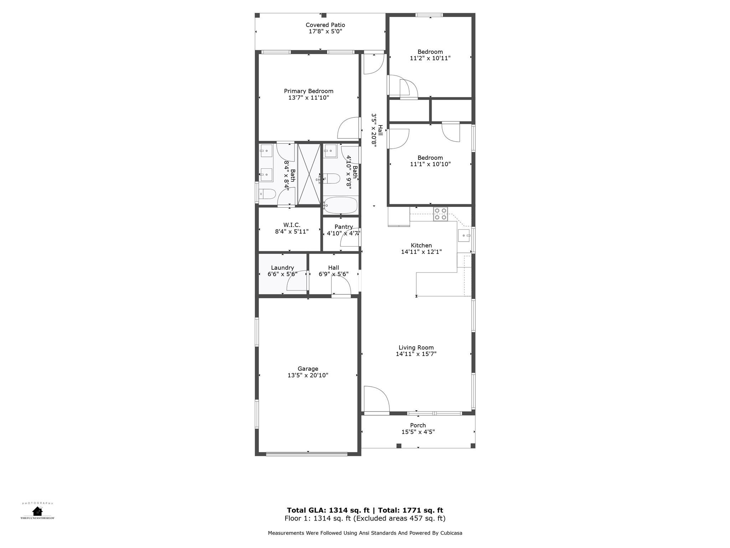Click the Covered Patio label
click(325, 25)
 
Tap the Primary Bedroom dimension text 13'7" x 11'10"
click(308, 98)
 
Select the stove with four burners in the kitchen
click(440, 214)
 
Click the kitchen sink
click(464, 235)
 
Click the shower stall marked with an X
click(309, 174)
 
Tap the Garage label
click(308, 369)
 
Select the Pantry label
click(344, 227)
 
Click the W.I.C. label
click(292, 225)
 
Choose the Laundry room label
click(282, 268)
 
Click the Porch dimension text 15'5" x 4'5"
click(418, 432)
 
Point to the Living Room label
click(416, 347)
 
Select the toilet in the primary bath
click(267, 194)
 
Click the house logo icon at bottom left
click(37, 511)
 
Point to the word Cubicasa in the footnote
click(451, 533)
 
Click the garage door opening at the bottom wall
click(307, 454)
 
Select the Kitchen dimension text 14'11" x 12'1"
click(421, 252)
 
